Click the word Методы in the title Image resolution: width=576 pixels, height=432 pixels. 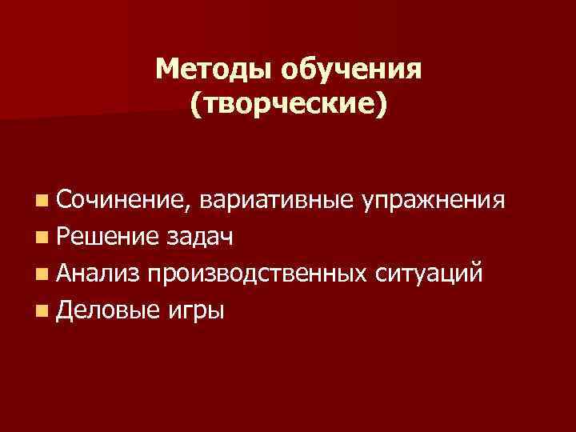click(x=214, y=70)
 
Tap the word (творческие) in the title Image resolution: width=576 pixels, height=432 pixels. click(x=289, y=105)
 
